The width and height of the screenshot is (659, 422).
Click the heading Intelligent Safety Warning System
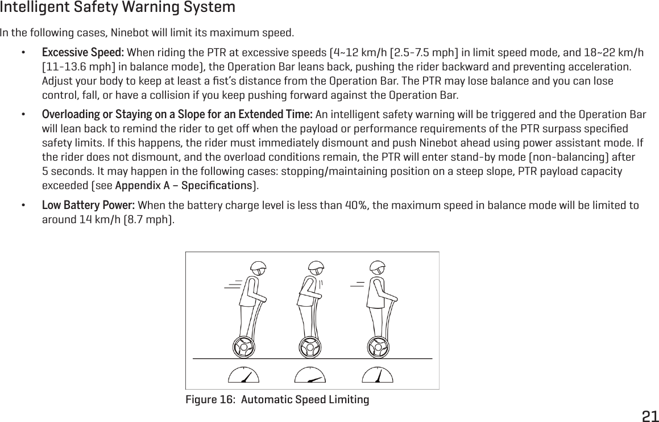[x=118, y=8]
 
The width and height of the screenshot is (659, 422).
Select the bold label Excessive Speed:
[x=84, y=53]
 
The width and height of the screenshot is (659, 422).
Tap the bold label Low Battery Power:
[x=88, y=204]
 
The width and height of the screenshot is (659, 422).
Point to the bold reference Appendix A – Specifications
[x=183, y=185]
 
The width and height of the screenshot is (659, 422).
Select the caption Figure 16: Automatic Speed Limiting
[x=277, y=400]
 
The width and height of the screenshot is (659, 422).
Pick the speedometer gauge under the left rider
[x=243, y=377]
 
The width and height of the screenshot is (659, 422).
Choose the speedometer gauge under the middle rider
[x=309, y=377]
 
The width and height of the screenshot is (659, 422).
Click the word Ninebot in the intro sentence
[x=130, y=31]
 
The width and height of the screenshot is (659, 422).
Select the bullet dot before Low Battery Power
[x=23, y=204]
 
